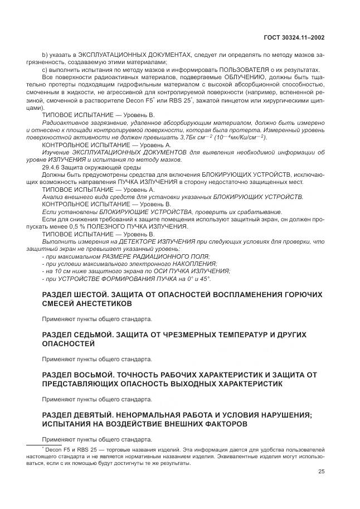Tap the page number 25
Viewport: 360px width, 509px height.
[x=321, y=471]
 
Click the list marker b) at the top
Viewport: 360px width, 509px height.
[x=45, y=55]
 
